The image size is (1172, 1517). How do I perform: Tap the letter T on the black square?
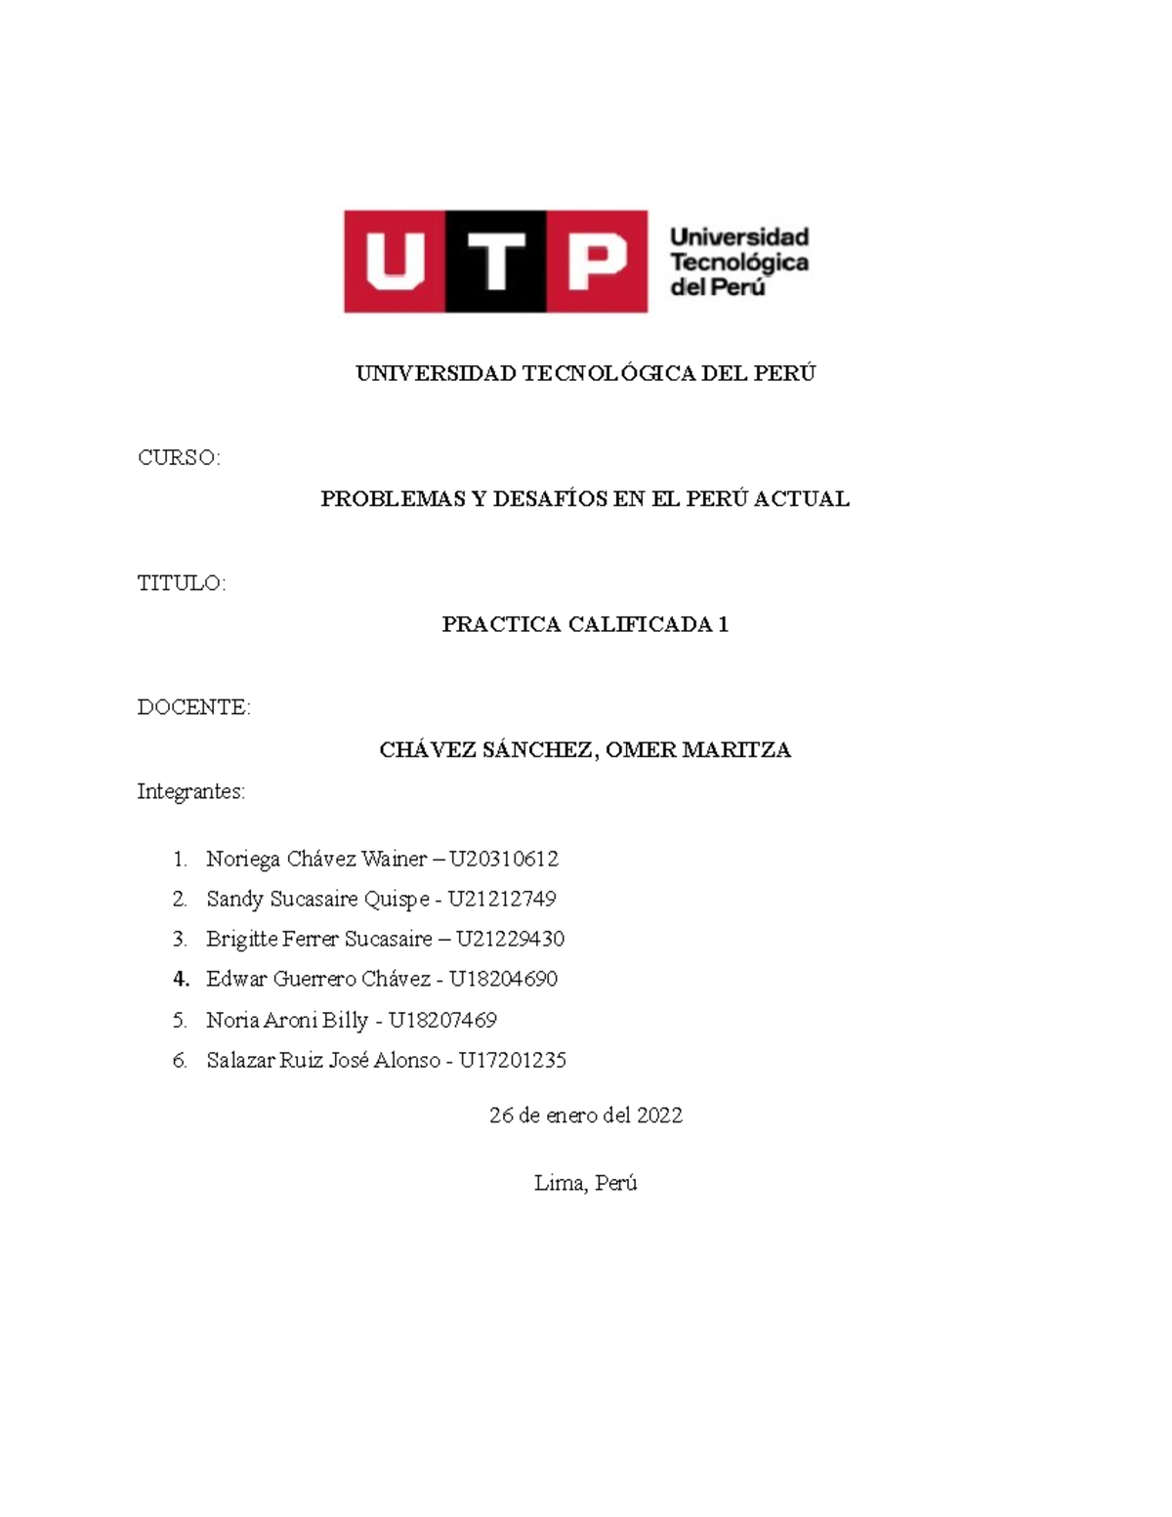coord(495,262)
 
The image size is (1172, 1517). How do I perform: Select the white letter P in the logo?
coord(595,262)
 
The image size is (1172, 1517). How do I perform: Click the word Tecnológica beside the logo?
coord(739,263)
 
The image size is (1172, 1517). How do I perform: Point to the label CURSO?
coord(180,458)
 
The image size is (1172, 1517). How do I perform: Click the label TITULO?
coord(182,583)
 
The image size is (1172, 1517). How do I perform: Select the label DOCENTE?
coord(194,707)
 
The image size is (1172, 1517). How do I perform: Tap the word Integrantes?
coord(191,791)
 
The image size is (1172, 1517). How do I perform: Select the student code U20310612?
coord(504,860)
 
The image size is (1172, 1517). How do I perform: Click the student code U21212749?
coord(502,899)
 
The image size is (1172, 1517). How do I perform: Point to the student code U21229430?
coord(510,939)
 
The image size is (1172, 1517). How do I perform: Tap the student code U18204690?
coord(503,979)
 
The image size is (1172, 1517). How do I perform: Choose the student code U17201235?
coord(513,1060)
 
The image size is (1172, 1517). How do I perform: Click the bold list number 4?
coord(180,979)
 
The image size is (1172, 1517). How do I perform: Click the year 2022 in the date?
coord(659,1116)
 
